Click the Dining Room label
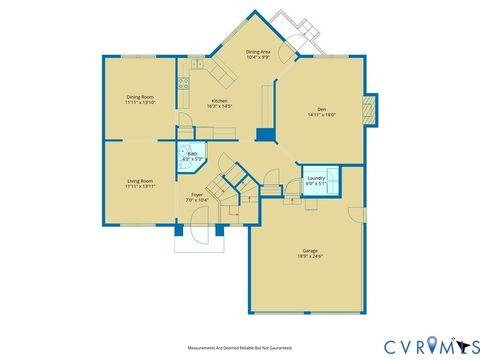(139, 96)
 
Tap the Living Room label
(139, 180)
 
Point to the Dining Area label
(259, 51)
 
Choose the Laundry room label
(316, 177)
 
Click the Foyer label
(196, 195)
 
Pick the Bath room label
(192, 153)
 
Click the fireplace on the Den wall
(372, 109)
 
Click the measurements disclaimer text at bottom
(240, 349)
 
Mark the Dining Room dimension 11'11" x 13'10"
(139, 102)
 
